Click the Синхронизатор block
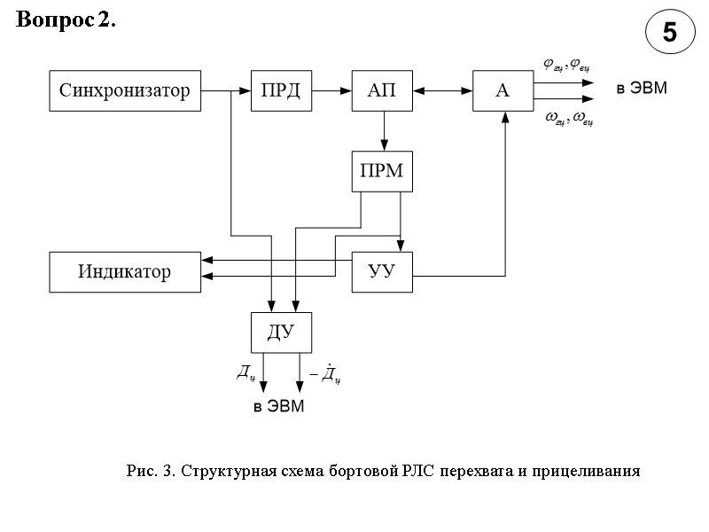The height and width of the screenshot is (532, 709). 124,90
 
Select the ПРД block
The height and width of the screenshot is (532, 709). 281,90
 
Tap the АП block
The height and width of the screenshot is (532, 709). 384,90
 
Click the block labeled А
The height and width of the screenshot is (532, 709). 503,90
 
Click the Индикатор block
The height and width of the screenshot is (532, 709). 124,271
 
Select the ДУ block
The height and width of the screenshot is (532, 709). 281,332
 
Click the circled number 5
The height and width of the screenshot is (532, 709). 669,34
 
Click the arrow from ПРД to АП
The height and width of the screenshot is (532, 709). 332,90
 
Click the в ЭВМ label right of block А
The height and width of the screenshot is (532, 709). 643,89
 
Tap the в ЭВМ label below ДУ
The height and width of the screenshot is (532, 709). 278,407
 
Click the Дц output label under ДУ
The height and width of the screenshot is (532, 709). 246,372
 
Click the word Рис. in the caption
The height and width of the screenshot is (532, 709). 142,470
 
